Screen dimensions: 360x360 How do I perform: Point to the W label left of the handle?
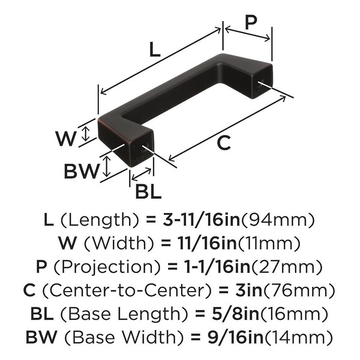click(x=67, y=139)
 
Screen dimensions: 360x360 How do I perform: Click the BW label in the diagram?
click(x=81, y=172)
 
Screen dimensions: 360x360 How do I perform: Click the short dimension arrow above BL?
click(x=142, y=174)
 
